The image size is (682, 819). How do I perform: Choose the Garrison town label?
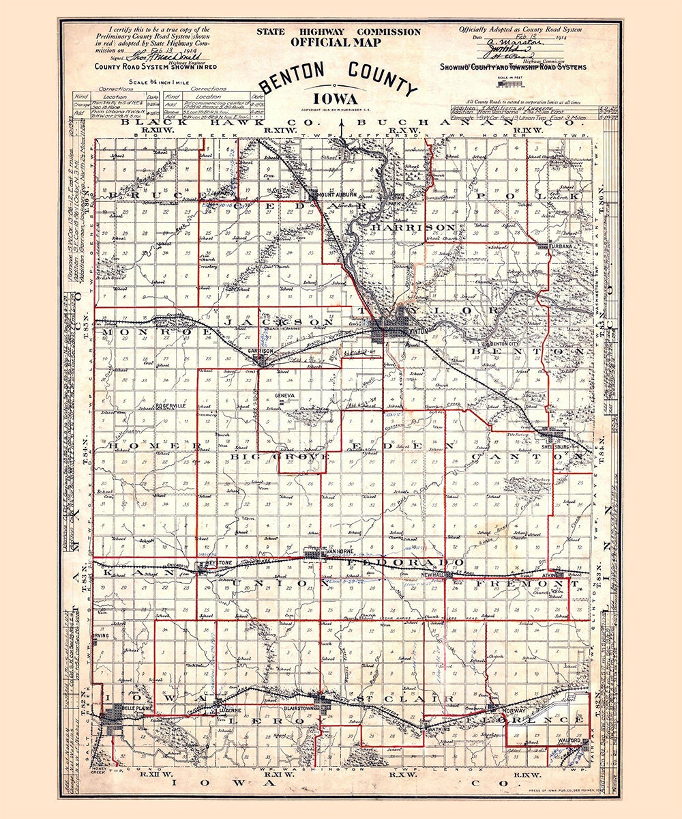point(261,351)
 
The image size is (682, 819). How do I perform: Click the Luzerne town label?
point(229,710)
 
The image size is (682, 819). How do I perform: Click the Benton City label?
point(505,344)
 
